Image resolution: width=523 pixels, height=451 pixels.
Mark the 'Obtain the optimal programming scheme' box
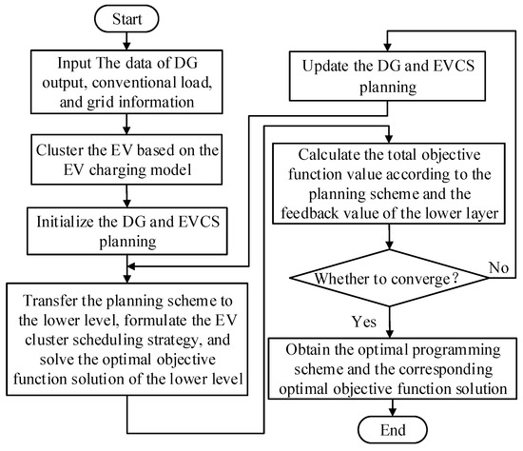click(x=387, y=362)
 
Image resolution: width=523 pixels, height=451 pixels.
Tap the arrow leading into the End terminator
click(x=387, y=402)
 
